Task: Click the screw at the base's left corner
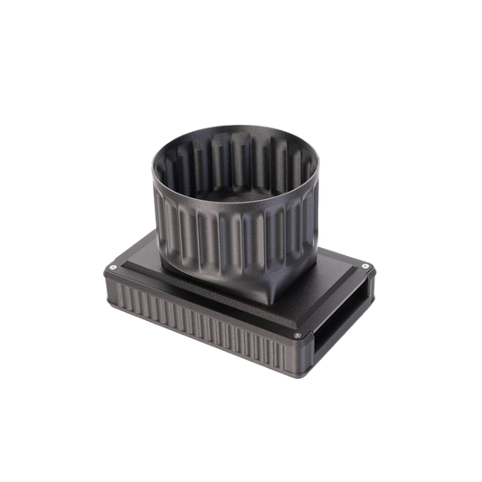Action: point(109,268)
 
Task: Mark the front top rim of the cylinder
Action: point(226,209)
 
